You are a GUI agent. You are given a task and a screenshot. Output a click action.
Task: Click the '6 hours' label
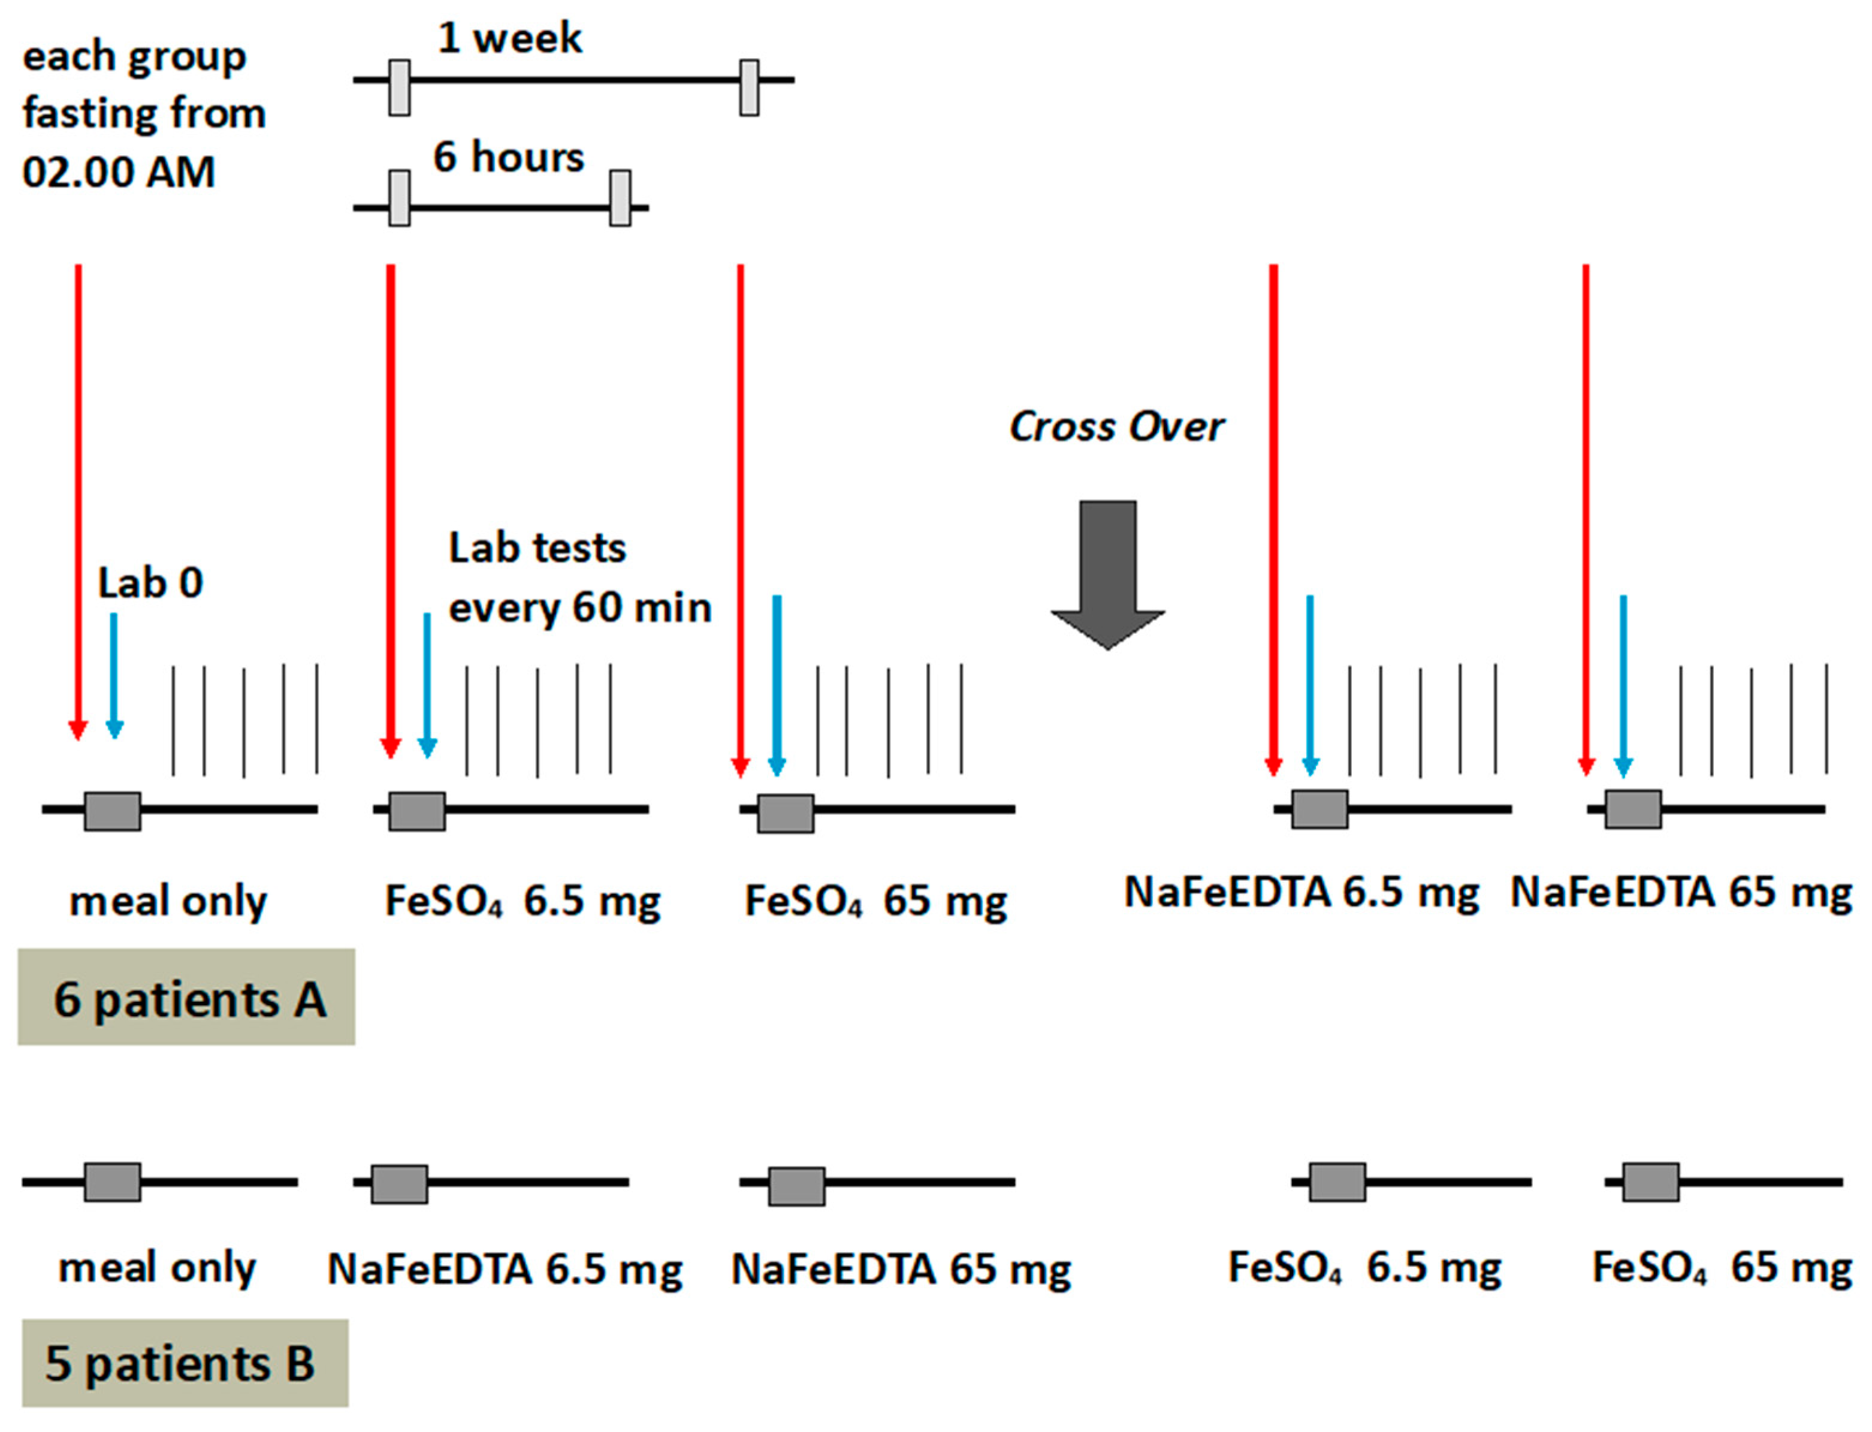coord(508,158)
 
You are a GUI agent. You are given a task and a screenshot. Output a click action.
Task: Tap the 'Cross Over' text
coord(1116,426)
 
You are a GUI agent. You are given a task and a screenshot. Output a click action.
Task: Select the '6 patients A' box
coord(187,997)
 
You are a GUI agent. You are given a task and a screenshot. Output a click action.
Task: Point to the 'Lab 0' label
coord(150,584)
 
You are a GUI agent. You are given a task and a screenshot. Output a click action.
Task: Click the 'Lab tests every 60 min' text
coord(579,578)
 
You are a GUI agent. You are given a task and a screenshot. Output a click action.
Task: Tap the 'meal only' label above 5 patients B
coord(157,1267)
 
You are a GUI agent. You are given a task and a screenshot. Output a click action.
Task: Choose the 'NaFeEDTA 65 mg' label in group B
coord(901,1269)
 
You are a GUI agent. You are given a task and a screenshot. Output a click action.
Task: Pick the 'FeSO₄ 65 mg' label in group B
coord(1721,1267)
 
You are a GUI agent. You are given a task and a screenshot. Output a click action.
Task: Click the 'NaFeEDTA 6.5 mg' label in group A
coord(1302,892)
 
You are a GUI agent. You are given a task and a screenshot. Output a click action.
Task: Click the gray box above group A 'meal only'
coord(113,811)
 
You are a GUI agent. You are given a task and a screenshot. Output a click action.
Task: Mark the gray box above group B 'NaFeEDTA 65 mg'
coord(796,1186)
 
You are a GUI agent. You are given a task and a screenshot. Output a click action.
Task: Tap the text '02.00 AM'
coord(119,172)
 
